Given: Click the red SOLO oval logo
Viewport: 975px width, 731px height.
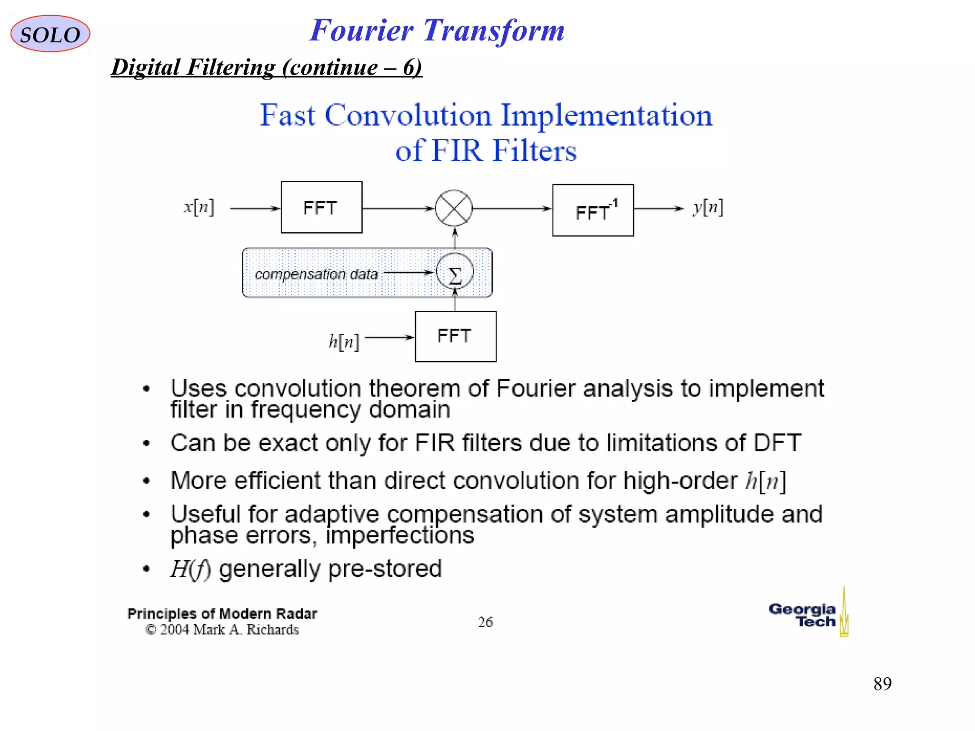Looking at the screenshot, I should pos(50,34).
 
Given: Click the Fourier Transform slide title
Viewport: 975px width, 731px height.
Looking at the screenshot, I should pos(437,30).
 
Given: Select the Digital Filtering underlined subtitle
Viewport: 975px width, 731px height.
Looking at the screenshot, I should pos(267,67).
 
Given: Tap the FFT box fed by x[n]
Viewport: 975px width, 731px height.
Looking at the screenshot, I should pos(321,207).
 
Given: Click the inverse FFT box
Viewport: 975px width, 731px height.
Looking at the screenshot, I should pos(593,210).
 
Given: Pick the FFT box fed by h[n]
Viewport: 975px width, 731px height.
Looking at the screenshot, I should pos(456,336).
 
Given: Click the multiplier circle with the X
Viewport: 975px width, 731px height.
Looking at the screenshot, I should pos(454,208).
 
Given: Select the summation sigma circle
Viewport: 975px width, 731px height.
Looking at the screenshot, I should pos(455,272).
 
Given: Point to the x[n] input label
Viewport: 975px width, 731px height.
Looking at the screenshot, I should pos(199,207).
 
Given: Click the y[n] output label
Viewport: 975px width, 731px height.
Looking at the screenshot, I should pos(708,207).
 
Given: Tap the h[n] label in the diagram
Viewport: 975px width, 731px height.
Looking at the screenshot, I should pos(343,341).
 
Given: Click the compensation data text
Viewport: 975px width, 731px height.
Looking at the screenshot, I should pos(316,274).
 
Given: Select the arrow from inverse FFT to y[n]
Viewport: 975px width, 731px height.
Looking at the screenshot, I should pos(658,208).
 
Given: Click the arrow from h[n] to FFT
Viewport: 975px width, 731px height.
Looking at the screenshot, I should pos(389,337).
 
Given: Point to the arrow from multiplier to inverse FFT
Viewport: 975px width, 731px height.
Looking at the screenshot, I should pos(512,208).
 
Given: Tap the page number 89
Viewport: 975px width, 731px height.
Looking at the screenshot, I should pos(882,684).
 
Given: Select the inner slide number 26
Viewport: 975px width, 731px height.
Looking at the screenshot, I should pos(485,622).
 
